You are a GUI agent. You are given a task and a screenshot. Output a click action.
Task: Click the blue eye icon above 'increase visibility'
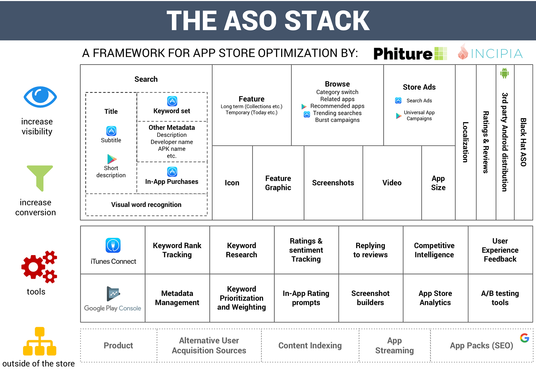(40, 97)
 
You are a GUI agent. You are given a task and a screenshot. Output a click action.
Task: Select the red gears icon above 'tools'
(39, 267)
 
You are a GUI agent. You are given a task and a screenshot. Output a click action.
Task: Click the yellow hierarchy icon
(40, 341)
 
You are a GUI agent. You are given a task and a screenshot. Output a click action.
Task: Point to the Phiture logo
(410, 53)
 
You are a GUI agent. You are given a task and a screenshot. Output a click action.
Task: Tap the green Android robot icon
(504, 73)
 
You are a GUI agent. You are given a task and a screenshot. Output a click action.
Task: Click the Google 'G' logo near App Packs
(524, 338)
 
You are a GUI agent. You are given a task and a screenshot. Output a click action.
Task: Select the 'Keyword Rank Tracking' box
(177, 250)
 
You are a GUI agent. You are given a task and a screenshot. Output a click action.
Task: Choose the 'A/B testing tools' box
(500, 298)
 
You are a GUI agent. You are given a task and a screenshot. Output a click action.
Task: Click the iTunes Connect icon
(113, 245)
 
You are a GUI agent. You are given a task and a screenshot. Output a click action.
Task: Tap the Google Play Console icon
(113, 294)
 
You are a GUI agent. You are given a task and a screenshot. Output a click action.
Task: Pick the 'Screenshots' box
(333, 183)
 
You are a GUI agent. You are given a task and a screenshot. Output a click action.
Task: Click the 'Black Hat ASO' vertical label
(523, 142)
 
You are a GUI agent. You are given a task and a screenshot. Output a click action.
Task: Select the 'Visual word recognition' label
(146, 205)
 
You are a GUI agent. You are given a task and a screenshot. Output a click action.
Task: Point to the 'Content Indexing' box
(310, 346)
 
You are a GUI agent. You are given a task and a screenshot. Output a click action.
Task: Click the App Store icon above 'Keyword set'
(172, 101)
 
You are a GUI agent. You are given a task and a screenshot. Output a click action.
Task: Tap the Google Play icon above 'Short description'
(112, 159)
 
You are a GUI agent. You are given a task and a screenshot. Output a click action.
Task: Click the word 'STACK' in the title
(327, 21)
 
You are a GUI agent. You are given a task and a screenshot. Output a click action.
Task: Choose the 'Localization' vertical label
(466, 142)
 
